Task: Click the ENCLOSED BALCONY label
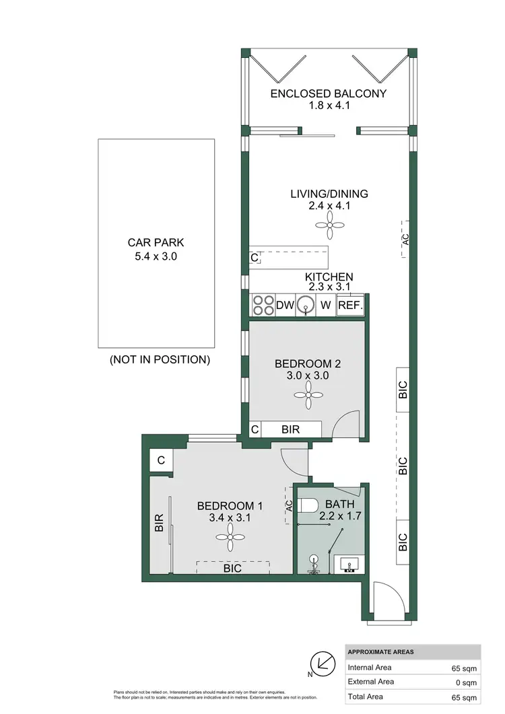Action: tap(329, 94)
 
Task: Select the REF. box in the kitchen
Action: tap(350, 306)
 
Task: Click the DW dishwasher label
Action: tap(285, 306)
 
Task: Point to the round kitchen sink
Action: tap(306, 306)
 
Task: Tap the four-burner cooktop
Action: tap(262, 306)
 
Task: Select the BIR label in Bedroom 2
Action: tap(291, 429)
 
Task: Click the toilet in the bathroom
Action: tap(308, 505)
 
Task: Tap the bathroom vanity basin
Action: tap(349, 563)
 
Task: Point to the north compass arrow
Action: tap(322, 664)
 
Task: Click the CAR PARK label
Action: tap(156, 243)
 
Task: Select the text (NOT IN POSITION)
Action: tap(160, 359)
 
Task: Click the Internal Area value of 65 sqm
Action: tap(464, 668)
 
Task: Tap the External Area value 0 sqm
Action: tap(466, 682)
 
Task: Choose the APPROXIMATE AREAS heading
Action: tap(381, 652)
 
